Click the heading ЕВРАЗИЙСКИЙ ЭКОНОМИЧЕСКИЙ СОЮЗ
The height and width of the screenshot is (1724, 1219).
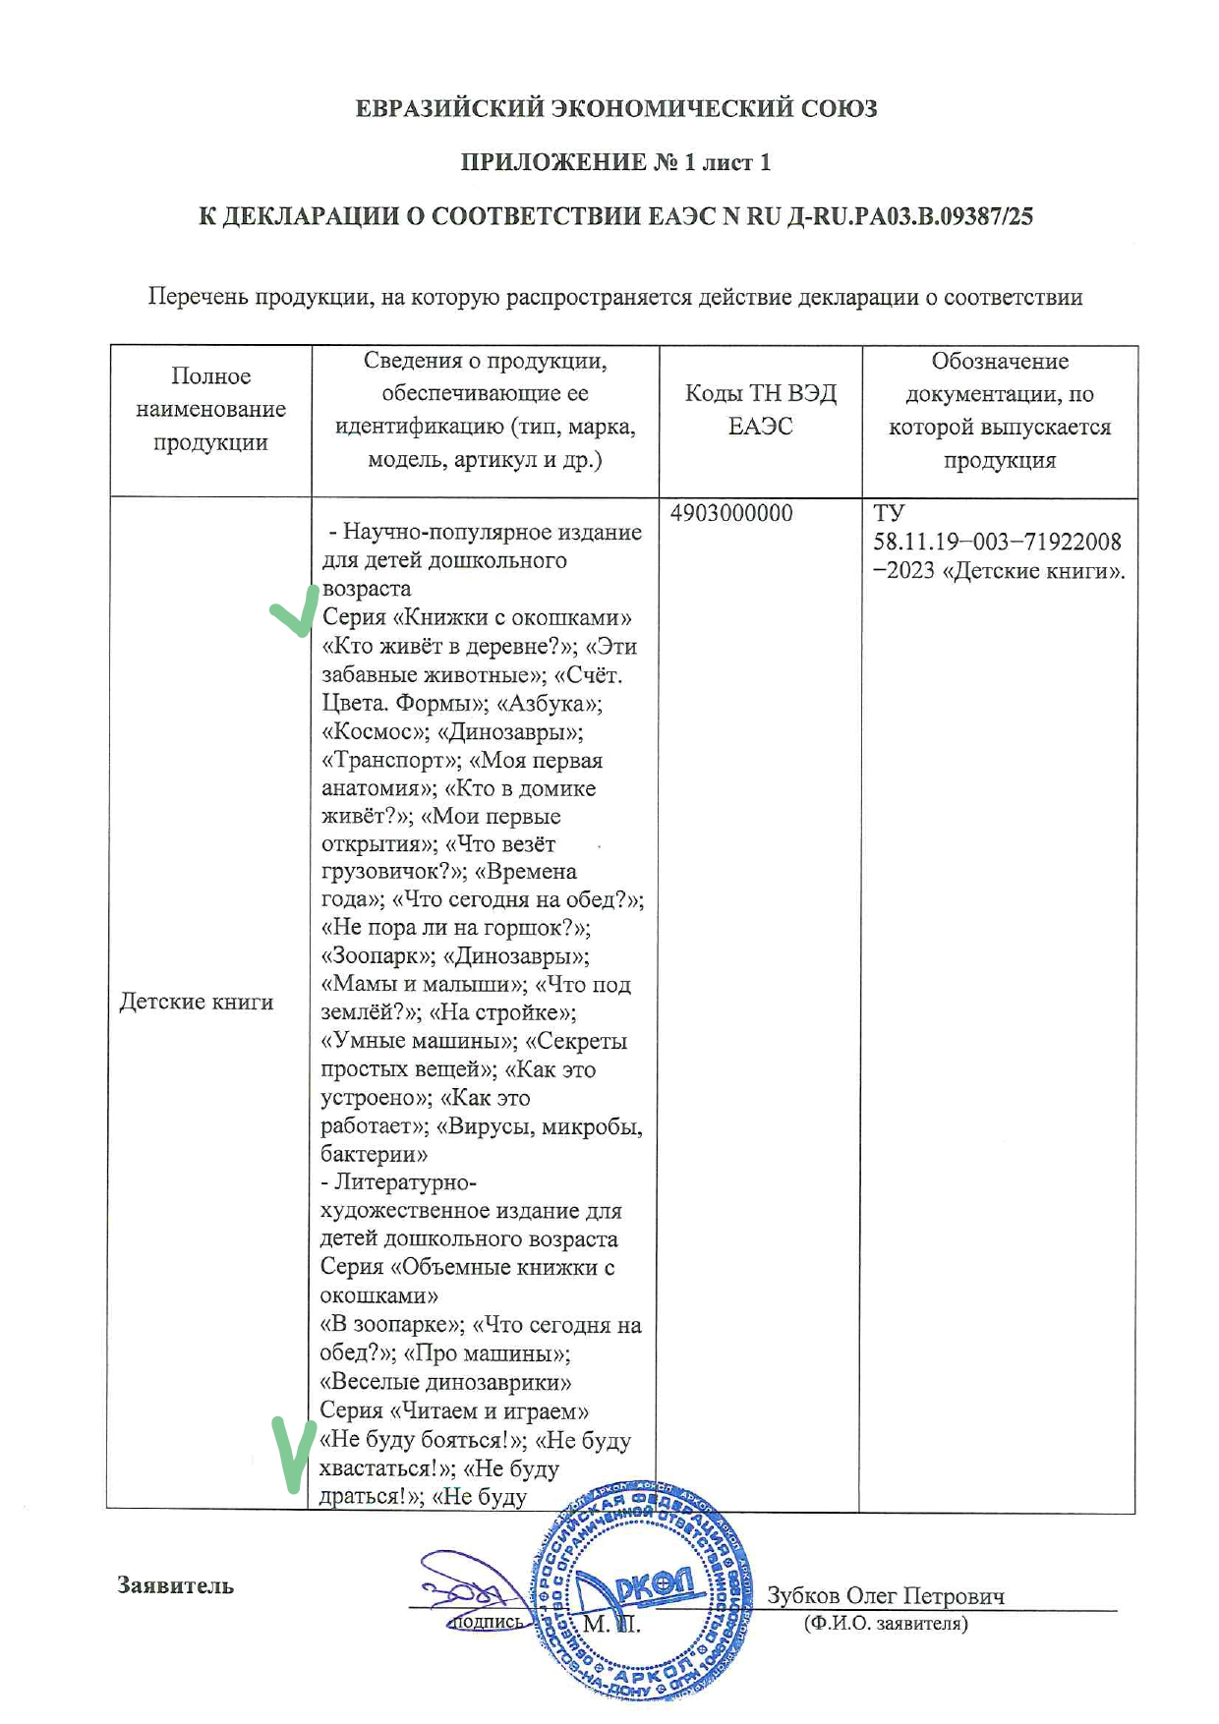pos(615,108)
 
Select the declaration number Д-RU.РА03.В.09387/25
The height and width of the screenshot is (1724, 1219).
pos(910,216)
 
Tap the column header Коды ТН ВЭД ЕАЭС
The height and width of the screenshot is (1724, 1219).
pos(760,410)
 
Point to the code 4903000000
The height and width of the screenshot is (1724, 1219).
pos(731,514)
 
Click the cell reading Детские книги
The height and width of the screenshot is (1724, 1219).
pos(197,1002)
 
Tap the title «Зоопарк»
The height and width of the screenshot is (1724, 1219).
pos(376,956)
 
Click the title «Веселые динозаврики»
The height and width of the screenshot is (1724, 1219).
pos(445,1383)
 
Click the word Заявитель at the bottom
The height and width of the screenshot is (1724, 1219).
pos(175,1585)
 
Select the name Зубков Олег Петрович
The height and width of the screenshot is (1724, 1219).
pos(885,1595)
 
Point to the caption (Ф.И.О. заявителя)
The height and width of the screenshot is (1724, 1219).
pos(885,1623)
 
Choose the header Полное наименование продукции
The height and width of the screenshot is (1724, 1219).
pos(210,410)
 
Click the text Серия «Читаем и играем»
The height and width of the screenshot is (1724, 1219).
pos(454,1411)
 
